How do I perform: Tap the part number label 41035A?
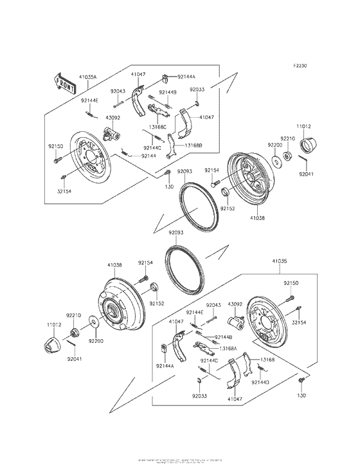pos(88,77)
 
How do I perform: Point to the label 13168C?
pos(157,127)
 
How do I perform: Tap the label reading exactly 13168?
pos(268,360)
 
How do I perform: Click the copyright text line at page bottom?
pos(180,461)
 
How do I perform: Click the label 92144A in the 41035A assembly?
pos(186,76)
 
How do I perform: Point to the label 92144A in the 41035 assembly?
pos(165,365)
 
